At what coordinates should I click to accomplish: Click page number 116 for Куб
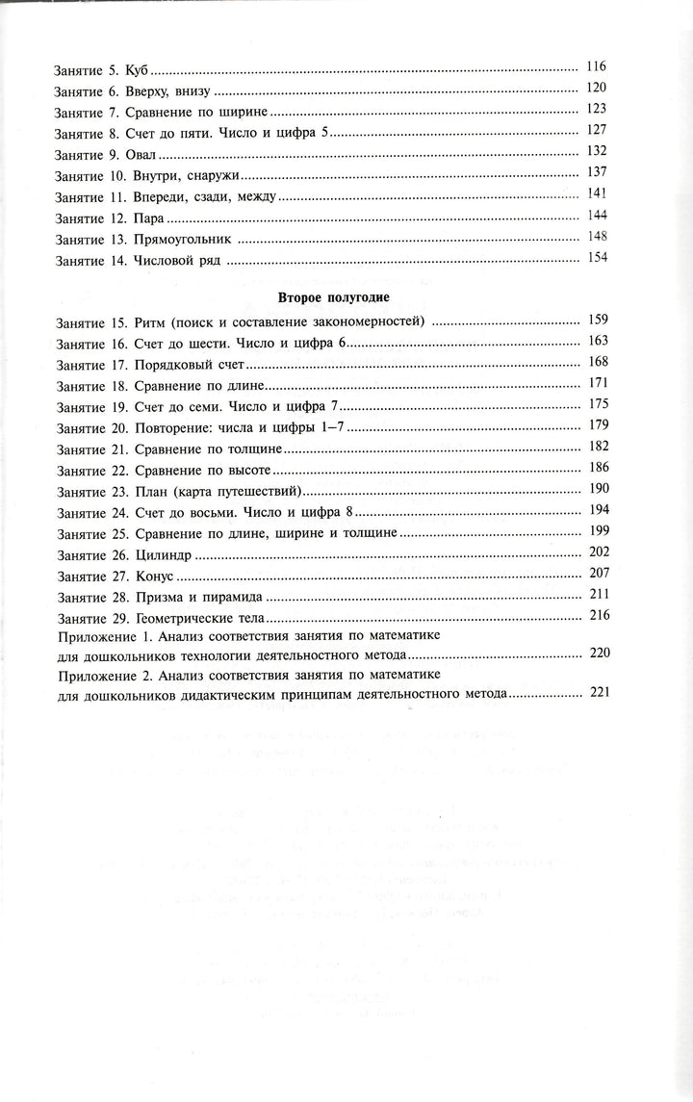coord(596,66)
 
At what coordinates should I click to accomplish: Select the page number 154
coord(597,260)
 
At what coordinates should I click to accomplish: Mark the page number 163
coord(598,342)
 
